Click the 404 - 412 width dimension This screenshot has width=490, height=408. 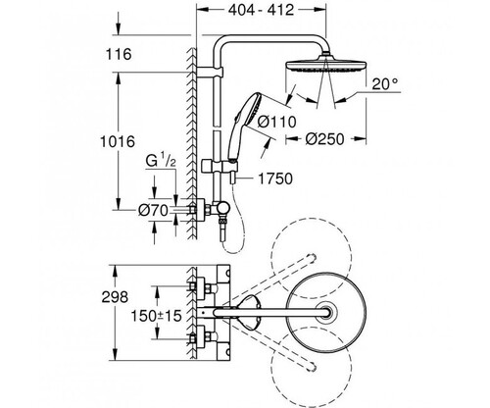click(261, 10)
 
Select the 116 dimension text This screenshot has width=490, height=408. click(119, 54)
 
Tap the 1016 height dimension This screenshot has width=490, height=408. click(118, 141)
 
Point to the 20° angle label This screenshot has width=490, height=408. click(385, 84)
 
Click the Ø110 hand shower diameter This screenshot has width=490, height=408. click(276, 122)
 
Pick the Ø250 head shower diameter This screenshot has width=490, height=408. click(325, 139)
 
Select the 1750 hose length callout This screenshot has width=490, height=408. click(275, 178)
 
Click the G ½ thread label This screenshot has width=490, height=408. click(161, 161)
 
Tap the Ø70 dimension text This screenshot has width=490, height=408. click(153, 210)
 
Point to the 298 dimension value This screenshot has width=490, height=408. click(115, 297)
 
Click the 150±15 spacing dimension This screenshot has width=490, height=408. click(156, 316)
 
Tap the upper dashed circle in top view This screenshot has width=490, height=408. click(312, 218)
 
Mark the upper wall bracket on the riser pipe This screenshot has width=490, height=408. click(210, 73)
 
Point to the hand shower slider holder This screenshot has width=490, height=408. click(216, 166)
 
